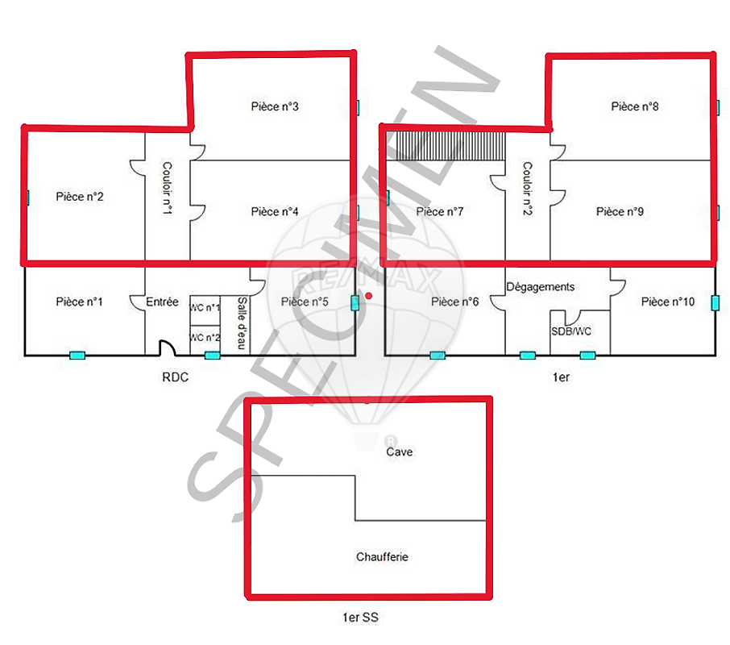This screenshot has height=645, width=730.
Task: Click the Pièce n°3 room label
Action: (x=275, y=106)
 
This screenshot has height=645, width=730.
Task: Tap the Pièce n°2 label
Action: (x=80, y=197)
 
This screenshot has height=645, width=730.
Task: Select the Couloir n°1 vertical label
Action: (x=167, y=188)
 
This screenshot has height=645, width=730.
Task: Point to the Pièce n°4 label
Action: (x=275, y=212)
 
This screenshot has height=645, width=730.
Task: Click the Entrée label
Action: (x=162, y=302)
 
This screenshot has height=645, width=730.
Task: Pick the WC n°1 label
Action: (x=205, y=307)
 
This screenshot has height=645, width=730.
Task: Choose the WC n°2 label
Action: (x=205, y=337)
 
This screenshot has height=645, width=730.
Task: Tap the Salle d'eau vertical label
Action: (x=242, y=323)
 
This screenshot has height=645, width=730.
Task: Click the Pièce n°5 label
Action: (x=305, y=302)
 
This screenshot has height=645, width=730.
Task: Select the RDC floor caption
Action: (x=176, y=377)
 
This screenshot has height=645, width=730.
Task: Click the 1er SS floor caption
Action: (x=360, y=618)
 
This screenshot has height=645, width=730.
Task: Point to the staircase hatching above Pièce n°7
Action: (x=446, y=146)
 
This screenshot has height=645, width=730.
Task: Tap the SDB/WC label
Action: (x=571, y=331)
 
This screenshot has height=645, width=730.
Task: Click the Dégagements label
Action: (x=541, y=287)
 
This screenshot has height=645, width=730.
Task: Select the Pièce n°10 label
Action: (x=668, y=302)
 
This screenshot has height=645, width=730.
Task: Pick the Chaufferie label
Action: (x=382, y=557)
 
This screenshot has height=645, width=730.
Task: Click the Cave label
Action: (x=400, y=451)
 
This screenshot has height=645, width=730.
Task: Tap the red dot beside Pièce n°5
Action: (x=369, y=296)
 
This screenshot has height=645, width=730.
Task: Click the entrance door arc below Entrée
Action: (x=167, y=347)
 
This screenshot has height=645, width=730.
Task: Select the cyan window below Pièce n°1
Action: (x=77, y=356)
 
